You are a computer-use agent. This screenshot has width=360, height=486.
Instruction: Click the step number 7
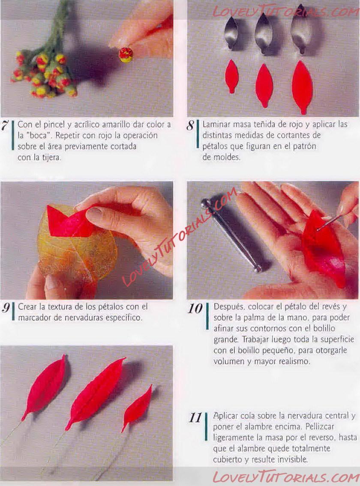pos(4,126)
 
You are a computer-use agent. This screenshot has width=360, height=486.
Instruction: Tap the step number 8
pos(190,126)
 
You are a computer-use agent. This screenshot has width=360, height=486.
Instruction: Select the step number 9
pos(6,307)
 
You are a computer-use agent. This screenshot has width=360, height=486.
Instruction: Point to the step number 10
pos(195,309)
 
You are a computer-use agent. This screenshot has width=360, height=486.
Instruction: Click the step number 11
pos(195,417)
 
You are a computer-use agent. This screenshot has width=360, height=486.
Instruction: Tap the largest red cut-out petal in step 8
pos(302,87)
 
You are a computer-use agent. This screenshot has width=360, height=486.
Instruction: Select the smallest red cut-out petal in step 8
pos(231,76)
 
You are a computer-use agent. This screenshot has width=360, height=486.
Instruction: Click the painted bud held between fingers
pos(126,54)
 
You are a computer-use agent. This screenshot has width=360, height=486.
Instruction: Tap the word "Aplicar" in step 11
pos(225,416)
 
